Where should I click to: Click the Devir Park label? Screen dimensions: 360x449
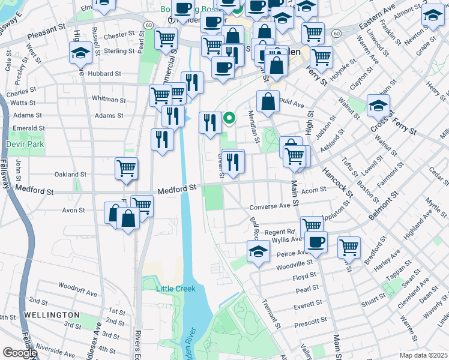[21, 145]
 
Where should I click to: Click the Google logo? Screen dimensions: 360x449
[20, 353]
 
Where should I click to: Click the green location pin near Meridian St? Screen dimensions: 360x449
[229, 119]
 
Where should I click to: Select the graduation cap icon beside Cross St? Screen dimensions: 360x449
[378, 106]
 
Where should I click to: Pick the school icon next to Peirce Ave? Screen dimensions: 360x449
[258, 251]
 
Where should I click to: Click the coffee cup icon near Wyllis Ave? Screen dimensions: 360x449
[316, 242]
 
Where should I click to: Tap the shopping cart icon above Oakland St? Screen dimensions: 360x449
[127, 169]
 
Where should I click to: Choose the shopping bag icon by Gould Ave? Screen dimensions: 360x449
[268, 101]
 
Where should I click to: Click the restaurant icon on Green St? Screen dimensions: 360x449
[233, 161]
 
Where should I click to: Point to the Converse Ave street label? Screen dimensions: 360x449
[270, 207]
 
